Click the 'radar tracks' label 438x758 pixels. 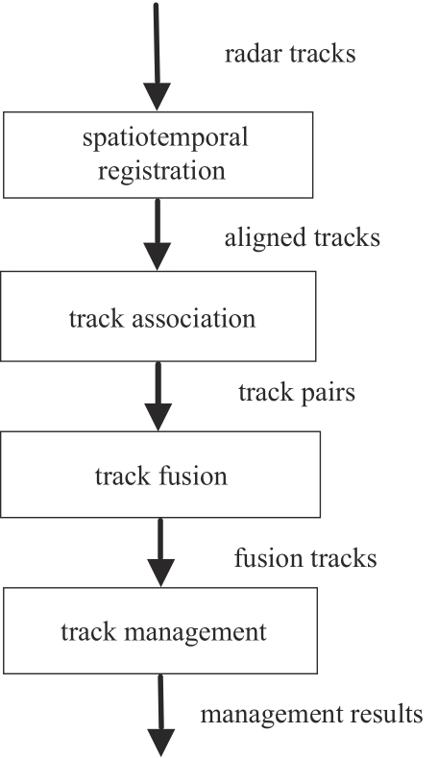[290, 54]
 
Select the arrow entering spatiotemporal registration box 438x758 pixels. [157, 57]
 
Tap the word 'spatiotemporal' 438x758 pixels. [165, 138]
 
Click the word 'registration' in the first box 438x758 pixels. [161, 172]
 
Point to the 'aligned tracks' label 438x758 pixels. [303, 238]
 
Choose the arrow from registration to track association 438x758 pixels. [158, 234]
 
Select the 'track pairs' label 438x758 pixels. [297, 393]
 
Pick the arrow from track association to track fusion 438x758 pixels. [158, 396]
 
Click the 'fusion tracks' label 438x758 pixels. [305, 558]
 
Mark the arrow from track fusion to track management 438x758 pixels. [160, 552]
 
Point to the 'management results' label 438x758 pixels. [312, 715]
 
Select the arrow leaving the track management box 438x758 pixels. [160, 716]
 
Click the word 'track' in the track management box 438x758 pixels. [89, 632]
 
